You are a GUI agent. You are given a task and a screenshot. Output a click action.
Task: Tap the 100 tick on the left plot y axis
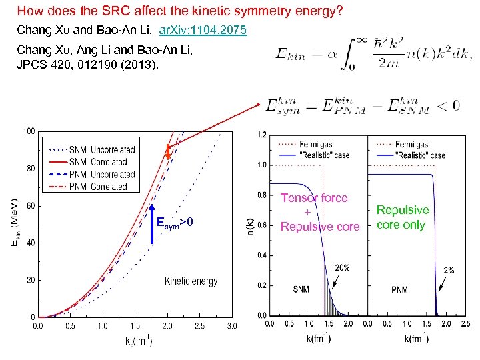[29, 131]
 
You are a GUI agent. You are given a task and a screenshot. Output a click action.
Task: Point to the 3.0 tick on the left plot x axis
[231, 326]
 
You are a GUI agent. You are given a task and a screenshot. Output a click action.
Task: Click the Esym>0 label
[175, 221]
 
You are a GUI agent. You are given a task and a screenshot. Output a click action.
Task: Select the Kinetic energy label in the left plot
[191, 281]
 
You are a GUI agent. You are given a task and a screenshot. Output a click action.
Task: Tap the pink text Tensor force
[314, 198]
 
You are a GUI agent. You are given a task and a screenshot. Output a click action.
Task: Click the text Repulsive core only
[403, 217]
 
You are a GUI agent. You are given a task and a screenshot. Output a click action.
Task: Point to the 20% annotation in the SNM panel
[341, 268]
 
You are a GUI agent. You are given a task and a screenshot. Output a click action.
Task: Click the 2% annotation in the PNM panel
[449, 270]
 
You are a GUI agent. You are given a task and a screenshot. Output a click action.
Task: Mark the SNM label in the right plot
[301, 290]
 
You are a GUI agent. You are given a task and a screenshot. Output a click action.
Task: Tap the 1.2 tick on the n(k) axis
[262, 135]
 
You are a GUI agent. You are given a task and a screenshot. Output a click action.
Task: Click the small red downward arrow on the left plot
[168, 154]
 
